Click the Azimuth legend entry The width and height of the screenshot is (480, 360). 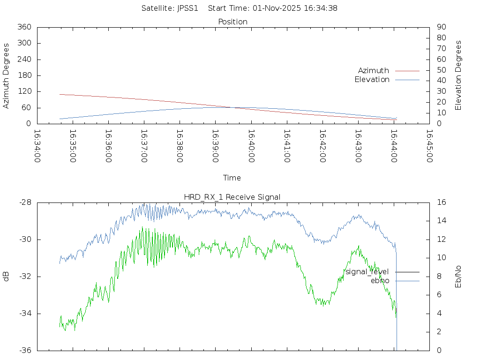point(374,70)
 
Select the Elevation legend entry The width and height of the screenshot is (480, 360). point(372,80)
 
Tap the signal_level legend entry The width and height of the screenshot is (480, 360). point(367,272)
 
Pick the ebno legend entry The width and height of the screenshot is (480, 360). point(380,281)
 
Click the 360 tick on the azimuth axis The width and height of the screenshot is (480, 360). point(24,27)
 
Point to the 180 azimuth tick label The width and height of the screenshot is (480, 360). point(24,75)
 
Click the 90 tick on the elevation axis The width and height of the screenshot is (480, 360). point(441,27)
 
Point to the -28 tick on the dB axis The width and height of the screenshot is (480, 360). point(25,202)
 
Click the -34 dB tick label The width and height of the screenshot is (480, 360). point(25,314)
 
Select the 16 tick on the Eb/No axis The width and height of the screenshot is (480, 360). point(441,202)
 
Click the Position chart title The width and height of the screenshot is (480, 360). point(233,22)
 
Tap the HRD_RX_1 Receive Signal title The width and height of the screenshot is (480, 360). point(233,197)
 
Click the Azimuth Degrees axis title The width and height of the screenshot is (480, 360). point(7,75)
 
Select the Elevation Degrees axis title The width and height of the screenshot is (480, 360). point(458,75)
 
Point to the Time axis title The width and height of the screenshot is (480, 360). point(232,178)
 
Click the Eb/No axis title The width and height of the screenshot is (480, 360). point(458,277)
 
